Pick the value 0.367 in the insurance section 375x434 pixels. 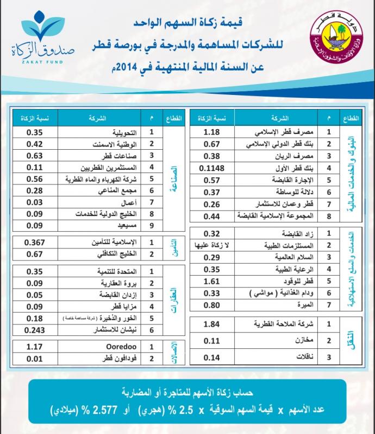(x=34, y=242)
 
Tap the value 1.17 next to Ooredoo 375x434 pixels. (x=34, y=346)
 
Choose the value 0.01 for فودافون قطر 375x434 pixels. (x=34, y=359)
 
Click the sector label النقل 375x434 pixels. (x=348, y=341)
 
